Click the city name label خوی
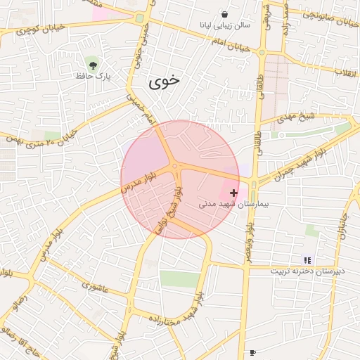pyautogui.click(x=164, y=81)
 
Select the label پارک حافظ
pyautogui.click(x=94, y=75)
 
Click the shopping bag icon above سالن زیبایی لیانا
pyautogui.click(x=224, y=14)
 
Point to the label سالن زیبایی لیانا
pyautogui.click(x=224, y=25)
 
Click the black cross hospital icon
pyautogui.click(x=233, y=192)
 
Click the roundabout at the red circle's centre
pyautogui.click(x=174, y=167)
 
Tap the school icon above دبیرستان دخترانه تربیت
pyautogui.click(x=307, y=259)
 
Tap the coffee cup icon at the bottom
pyautogui.click(x=252, y=352)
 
